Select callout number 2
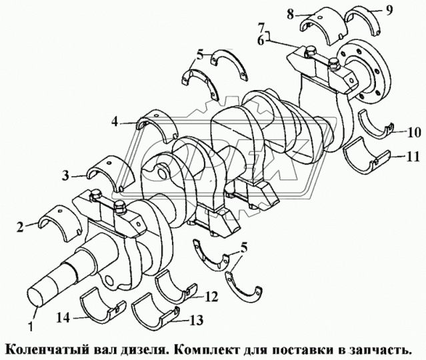21,227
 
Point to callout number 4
115,122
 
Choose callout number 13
195,321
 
